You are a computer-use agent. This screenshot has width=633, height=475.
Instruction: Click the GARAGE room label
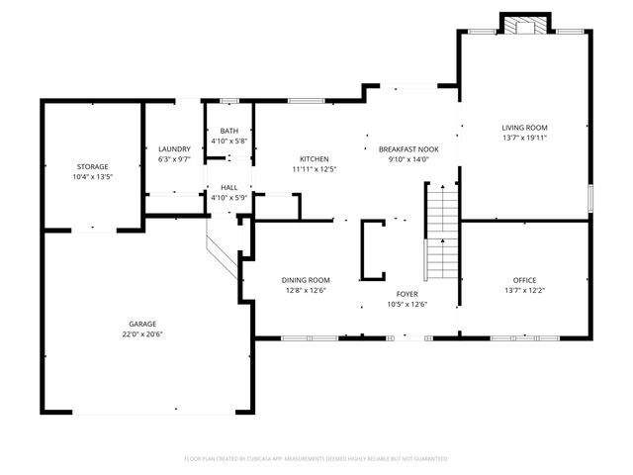(x=141, y=324)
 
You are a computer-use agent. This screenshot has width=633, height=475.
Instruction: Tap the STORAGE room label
(x=92, y=166)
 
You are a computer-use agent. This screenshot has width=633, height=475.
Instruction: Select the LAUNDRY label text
(x=174, y=148)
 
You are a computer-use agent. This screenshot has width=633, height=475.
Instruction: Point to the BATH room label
(x=228, y=131)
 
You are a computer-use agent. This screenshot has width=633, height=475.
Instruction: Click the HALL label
(x=228, y=187)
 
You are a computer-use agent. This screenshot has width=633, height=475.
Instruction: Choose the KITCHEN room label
(x=315, y=158)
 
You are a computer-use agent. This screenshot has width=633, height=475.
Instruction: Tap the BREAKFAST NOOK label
(x=408, y=148)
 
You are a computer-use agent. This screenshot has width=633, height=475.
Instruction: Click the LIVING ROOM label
(x=524, y=128)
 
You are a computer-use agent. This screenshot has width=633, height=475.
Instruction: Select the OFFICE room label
(x=524, y=280)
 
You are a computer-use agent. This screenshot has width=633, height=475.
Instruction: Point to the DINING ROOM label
(x=306, y=280)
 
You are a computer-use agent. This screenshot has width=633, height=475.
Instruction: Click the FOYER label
(x=407, y=294)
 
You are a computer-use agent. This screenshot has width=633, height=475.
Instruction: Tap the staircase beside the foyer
(x=442, y=232)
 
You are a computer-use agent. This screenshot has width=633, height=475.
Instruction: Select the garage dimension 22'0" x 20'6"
(x=141, y=333)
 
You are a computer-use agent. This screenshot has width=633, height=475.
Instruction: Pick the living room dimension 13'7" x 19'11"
(x=524, y=138)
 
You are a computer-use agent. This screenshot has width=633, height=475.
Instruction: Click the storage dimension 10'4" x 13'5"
(x=92, y=176)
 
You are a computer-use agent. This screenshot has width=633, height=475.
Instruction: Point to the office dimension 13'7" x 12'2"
(x=524, y=290)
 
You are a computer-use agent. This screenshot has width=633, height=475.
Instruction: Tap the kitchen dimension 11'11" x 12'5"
(x=315, y=168)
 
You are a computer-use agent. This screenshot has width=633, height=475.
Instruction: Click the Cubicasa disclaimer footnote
(x=316, y=458)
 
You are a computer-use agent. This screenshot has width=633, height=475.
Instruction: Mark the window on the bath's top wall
(x=228, y=100)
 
